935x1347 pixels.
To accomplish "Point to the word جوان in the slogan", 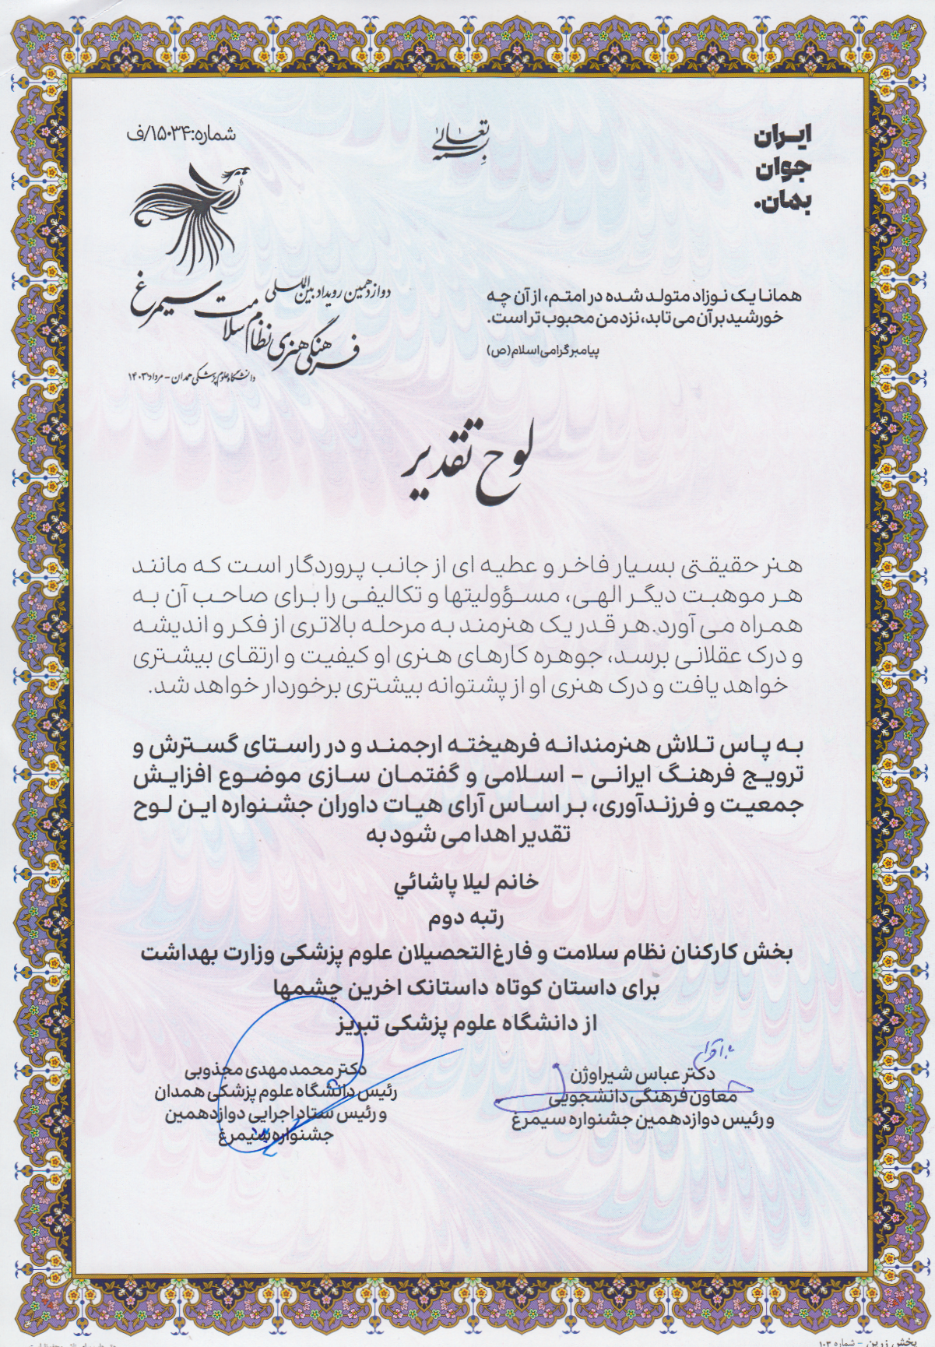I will click(782, 170).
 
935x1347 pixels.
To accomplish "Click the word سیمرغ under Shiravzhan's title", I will click(537, 1121).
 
